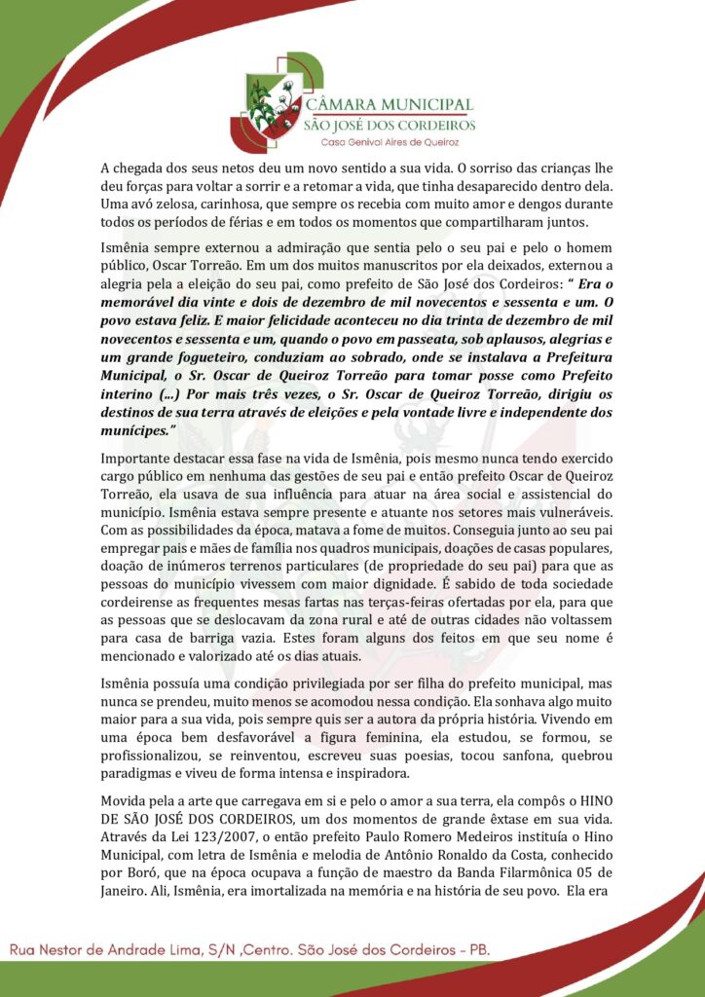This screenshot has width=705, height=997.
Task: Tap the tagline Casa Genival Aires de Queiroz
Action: pos(390,142)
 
